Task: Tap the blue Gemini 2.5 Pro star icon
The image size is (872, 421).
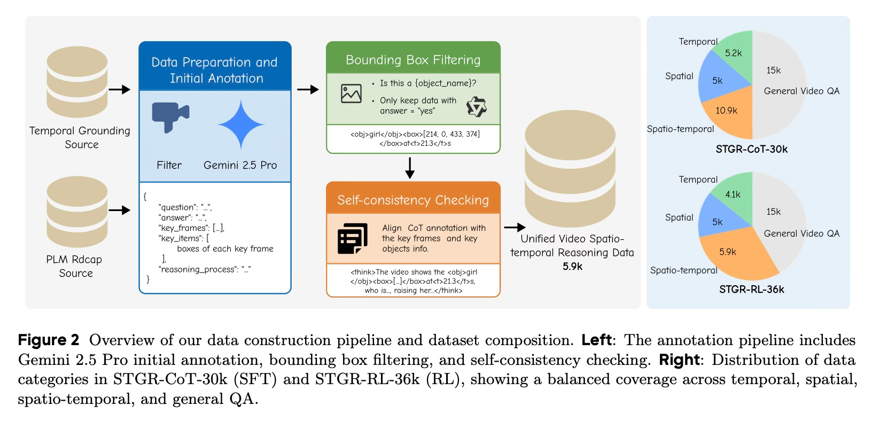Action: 241,124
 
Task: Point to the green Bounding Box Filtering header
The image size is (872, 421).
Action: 413,60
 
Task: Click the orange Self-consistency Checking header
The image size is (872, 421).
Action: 413,200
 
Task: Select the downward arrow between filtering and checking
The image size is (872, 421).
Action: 410,167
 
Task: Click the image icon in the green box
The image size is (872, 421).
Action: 351,93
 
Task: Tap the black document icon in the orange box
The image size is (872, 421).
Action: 353,238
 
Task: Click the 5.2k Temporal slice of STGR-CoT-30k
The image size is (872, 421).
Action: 733,53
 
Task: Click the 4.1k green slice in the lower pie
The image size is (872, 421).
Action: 733,194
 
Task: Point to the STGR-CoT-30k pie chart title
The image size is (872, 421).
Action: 751,149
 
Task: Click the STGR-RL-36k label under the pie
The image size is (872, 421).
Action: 751,290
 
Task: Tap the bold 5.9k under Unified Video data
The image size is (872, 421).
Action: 572,266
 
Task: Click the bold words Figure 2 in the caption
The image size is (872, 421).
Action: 49,340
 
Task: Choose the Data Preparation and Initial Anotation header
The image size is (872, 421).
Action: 215,70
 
